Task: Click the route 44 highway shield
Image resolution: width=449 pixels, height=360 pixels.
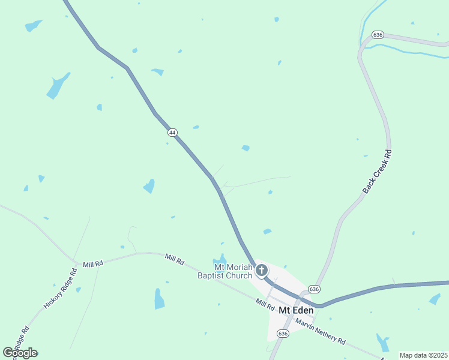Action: [172, 133]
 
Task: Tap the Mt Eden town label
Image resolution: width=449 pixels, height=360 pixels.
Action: [295, 310]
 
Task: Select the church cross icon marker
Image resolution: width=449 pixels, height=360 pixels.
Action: [261, 270]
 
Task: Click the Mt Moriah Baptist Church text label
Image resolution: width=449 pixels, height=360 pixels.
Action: [223, 272]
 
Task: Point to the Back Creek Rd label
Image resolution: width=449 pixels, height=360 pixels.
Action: [378, 171]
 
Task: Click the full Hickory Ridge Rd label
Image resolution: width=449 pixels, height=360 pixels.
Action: [61, 289]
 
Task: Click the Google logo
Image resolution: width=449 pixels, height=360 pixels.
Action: [20, 353]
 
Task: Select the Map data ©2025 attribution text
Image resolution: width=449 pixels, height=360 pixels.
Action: [423, 355]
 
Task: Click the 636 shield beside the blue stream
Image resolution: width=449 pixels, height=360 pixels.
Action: [378, 35]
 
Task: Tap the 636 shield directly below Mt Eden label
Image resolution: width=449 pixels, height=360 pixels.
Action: [283, 334]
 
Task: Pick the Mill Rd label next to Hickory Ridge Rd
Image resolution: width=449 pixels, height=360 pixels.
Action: [93, 264]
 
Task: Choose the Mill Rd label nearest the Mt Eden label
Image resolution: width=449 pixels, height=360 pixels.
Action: [265, 304]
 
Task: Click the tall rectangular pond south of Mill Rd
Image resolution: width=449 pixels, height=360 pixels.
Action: [159, 298]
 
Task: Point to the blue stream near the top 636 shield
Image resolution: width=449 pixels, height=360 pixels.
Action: [408, 52]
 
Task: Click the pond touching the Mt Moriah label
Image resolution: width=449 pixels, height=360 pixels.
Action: [220, 261]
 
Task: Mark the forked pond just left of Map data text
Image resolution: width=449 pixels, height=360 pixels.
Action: [382, 343]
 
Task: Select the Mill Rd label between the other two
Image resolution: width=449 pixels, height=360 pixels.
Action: [175, 260]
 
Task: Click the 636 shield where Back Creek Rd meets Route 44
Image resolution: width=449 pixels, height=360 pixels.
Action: [314, 289]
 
